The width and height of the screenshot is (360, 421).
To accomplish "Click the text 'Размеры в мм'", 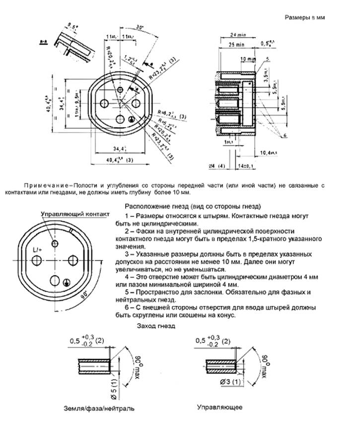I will tap(304, 17).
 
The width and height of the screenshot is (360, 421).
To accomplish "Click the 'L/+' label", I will tap(37, 248).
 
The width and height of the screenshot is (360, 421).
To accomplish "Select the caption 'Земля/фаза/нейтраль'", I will tap(99, 409).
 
